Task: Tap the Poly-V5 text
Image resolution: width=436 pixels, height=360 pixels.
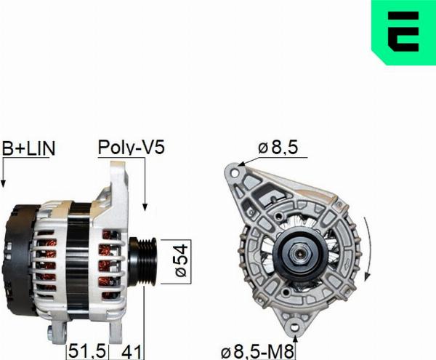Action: (132, 148)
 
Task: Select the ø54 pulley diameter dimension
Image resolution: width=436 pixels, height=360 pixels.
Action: (182, 260)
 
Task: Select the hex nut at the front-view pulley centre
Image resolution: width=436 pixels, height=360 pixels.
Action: (299, 255)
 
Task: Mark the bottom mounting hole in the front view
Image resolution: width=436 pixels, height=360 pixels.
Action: (296, 330)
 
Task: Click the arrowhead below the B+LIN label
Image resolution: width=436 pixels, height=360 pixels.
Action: (4, 181)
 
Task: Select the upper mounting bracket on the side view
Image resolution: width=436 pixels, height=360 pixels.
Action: (117, 182)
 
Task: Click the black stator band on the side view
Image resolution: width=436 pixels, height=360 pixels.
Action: (80, 255)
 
